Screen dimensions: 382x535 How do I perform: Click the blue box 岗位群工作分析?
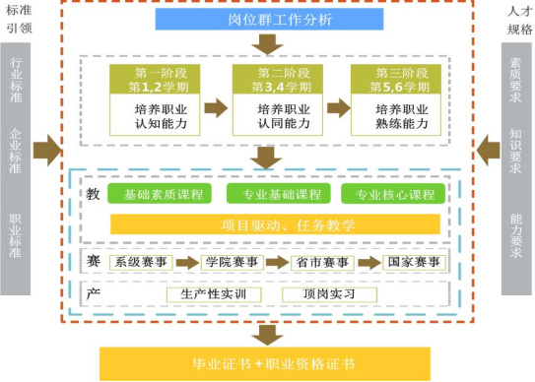click(267, 19)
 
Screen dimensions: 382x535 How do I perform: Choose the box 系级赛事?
click(140, 262)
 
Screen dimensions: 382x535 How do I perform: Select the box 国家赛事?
click(413, 262)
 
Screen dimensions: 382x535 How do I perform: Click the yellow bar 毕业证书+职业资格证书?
click(267, 363)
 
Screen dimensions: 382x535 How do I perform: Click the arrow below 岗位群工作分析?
click(267, 44)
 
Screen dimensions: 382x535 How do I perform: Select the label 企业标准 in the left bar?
click(16, 150)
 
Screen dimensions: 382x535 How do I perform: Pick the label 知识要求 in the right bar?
click(516, 150)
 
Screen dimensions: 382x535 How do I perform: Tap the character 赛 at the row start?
click(93, 261)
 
